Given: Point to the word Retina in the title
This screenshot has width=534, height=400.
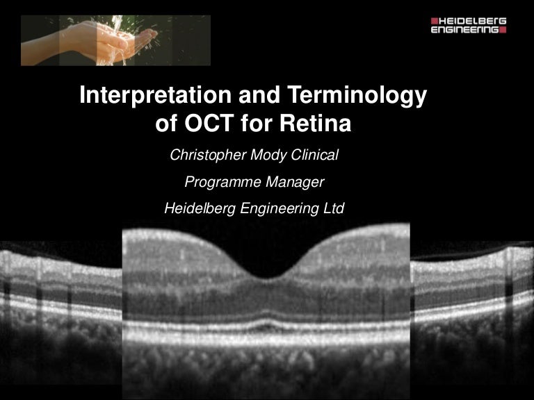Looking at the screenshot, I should coord(318,126).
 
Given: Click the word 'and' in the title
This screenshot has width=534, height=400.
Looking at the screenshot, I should coord(250,96).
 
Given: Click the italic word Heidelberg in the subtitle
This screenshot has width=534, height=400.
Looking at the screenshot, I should coord(200,208).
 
